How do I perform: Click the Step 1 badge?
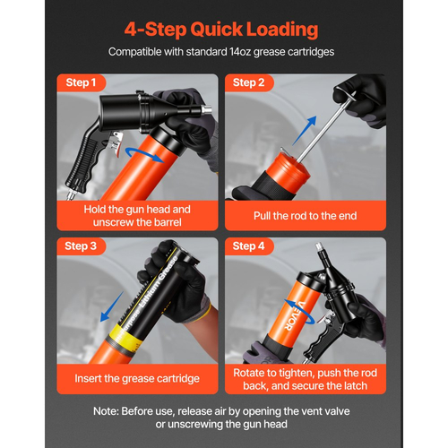(x=81, y=82)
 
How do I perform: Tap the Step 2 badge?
(x=249, y=82)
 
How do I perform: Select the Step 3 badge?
(x=81, y=246)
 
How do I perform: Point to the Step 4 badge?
(x=249, y=246)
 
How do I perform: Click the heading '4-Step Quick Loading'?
(x=221, y=30)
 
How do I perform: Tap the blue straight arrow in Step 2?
(x=304, y=131)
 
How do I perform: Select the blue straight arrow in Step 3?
(x=112, y=306)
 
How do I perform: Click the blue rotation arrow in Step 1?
(x=144, y=155)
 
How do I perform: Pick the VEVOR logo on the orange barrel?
(x=294, y=315)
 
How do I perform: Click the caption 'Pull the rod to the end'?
(x=306, y=216)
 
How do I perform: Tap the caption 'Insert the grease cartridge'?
(x=137, y=378)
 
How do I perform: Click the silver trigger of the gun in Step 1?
(x=116, y=143)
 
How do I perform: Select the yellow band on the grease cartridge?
(x=128, y=339)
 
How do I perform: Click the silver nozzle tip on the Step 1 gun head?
(x=207, y=109)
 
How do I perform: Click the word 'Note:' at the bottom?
(x=106, y=411)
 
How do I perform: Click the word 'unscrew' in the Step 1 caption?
(x=112, y=222)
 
